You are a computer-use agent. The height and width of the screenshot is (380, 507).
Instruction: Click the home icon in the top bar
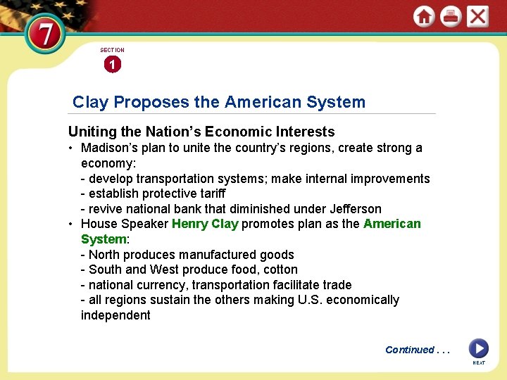click(424, 16)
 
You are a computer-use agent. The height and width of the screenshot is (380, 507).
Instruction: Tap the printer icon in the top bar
click(451, 16)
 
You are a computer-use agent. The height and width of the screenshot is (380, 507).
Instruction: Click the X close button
click(477, 16)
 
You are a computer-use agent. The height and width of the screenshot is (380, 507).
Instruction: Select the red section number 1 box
click(112, 65)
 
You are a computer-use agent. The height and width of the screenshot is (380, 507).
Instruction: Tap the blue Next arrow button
click(478, 348)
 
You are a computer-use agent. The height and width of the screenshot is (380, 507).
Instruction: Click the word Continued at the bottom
click(410, 350)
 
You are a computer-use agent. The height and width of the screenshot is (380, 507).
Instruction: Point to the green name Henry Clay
click(205, 224)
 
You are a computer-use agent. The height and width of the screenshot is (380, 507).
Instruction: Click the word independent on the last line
click(115, 315)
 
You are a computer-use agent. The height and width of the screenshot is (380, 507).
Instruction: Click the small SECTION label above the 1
click(112, 50)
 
